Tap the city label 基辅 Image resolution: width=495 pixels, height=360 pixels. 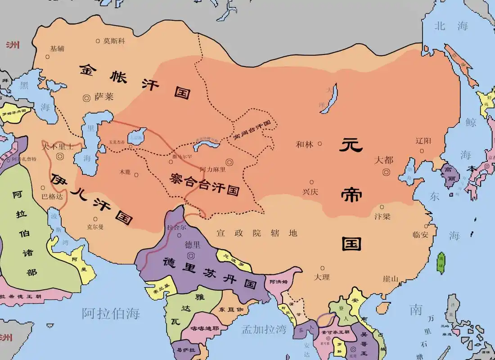pos(57,49)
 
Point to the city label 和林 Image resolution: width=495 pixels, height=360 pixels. pos(305,144)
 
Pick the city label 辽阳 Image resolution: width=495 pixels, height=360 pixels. pos(424,141)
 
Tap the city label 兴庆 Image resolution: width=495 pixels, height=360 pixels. pos(310,191)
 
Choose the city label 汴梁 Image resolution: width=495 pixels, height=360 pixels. pos(382,216)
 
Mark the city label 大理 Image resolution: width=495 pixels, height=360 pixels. pos(322,277)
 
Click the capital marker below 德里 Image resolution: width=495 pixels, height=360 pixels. pos(191,255)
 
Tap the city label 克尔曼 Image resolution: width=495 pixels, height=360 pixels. pos(95,227)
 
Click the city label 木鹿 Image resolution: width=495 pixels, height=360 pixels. pos(125,172)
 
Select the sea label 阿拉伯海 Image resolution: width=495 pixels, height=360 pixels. pos(111,313)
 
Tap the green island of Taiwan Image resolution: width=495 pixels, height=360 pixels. pos(441,263)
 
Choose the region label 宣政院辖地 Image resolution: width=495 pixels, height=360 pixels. pos(256,233)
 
